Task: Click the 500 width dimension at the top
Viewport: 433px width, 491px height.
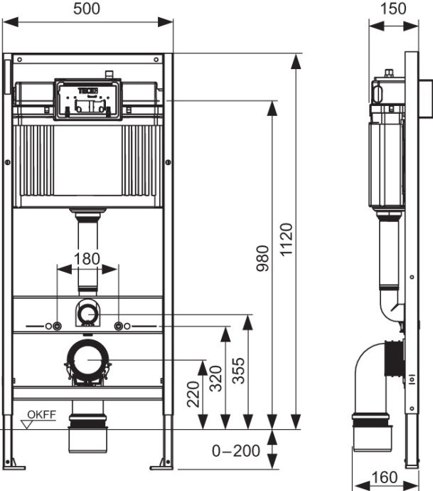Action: pyautogui.click(x=88, y=9)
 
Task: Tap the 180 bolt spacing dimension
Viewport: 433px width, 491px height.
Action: pyautogui.click(x=87, y=258)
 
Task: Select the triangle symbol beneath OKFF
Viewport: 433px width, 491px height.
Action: pyautogui.click(x=28, y=425)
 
